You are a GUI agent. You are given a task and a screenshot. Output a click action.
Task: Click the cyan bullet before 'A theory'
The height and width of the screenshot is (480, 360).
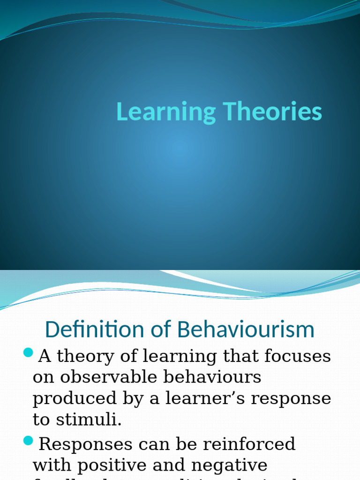coord(28,352)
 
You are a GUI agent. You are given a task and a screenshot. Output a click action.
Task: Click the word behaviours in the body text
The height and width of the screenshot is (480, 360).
coord(217,377)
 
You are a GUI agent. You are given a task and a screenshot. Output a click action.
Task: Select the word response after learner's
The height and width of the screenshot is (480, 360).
coord(292,398)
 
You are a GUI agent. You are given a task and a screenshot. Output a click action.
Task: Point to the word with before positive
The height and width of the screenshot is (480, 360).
coord(52,465)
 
